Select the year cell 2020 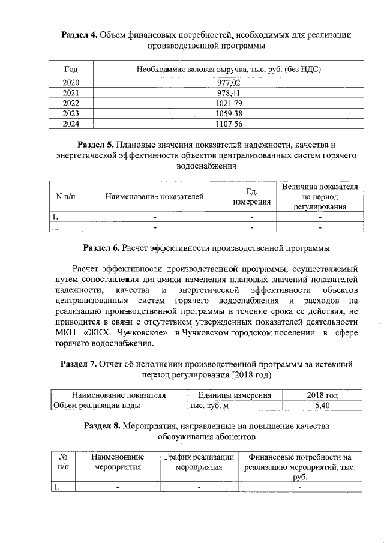[71, 82]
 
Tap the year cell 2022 [71, 103]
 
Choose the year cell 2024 [71, 124]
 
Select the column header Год [71, 68]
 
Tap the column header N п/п [65, 196]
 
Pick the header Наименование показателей [154, 196]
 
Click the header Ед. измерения [251, 197]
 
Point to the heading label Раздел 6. [101, 247]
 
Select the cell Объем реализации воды [97, 406]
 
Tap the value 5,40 [323, 406]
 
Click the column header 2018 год [323, 395]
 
